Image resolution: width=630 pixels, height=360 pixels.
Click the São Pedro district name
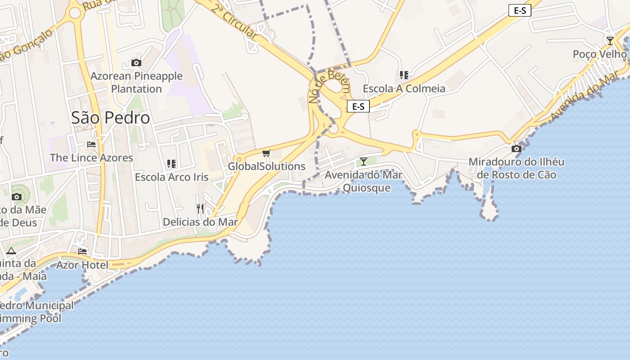tap(110, 118)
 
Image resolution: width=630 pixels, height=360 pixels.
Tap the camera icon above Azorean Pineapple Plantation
tap(136, 63)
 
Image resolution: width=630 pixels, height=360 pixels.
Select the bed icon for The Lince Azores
tap(91, 144)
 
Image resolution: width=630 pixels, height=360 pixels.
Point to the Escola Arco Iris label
tap(171, 177)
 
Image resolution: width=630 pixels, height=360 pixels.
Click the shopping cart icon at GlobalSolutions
tap(266, 153)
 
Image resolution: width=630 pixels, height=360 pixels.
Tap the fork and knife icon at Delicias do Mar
tap(200, 208)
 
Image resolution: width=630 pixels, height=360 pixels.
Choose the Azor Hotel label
tap(82, 265)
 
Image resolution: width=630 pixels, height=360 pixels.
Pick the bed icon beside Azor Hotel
tap(82, 251)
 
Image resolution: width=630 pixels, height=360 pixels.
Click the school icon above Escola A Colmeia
tap(404, 75)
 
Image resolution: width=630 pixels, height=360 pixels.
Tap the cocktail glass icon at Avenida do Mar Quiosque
tap(364, 161)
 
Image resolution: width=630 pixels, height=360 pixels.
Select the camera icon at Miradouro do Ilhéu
tap(517, 148)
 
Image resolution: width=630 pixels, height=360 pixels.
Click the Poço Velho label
tap(599, 54)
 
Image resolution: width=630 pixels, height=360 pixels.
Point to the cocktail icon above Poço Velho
tap(610, 41)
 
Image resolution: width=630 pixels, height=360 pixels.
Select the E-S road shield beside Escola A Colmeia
tap(358, 106)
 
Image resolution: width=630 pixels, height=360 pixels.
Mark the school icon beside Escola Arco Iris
tap(171, 164)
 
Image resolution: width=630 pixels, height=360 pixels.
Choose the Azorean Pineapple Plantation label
tap(136, 82)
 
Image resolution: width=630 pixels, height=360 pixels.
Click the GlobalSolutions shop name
tap(266, 166)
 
